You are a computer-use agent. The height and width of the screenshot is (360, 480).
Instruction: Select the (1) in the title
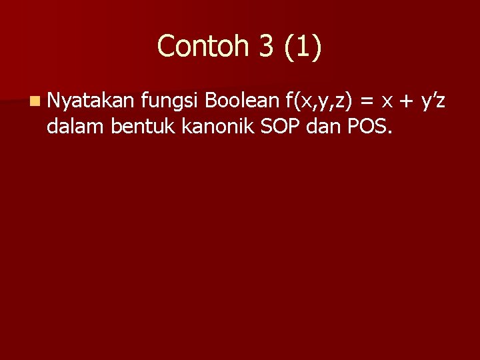click(303, 47)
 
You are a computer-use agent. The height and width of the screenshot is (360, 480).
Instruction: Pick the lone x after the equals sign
click(386, 103)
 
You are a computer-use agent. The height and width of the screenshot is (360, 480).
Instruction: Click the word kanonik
click(205, 125)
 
